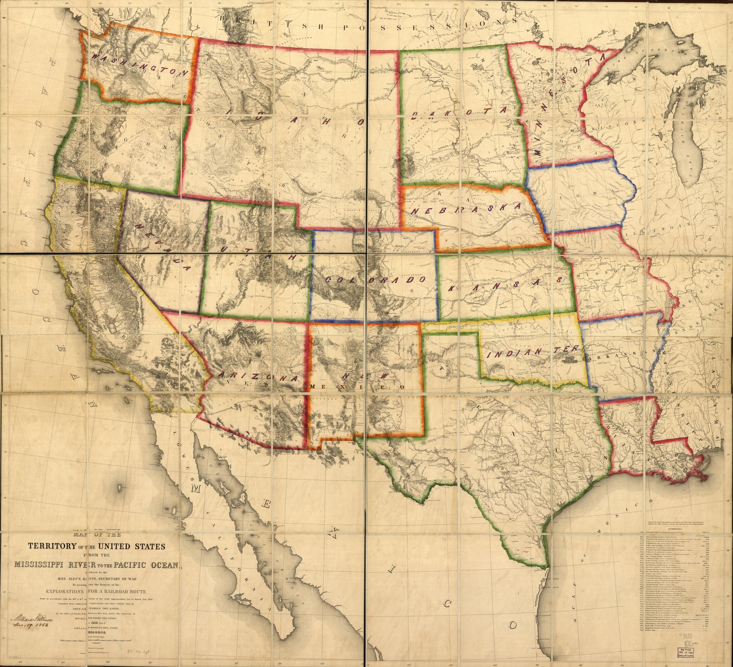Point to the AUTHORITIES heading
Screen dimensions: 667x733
point(676,535)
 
